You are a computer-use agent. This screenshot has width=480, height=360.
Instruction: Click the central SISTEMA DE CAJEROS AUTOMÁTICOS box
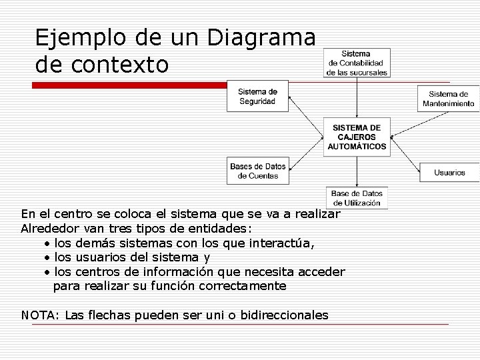point(357,137)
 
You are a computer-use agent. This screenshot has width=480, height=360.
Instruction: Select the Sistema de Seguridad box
point(257,96)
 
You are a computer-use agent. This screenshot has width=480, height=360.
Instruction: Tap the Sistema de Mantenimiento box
point(448,99)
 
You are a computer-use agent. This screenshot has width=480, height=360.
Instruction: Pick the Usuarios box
point(449,172)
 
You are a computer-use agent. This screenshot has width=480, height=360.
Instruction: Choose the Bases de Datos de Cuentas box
point(257,171)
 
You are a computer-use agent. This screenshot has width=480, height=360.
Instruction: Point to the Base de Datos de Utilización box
point(357,197)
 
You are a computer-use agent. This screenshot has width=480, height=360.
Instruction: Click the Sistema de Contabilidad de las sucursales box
point(357,63)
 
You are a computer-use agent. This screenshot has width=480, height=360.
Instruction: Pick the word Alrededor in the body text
point(53,229)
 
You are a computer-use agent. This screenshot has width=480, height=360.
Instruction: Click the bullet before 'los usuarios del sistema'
point(48,258)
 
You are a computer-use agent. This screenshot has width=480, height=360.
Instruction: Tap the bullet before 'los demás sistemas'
point(48,243)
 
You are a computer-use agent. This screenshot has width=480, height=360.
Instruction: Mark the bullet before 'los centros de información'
point(48,273)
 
